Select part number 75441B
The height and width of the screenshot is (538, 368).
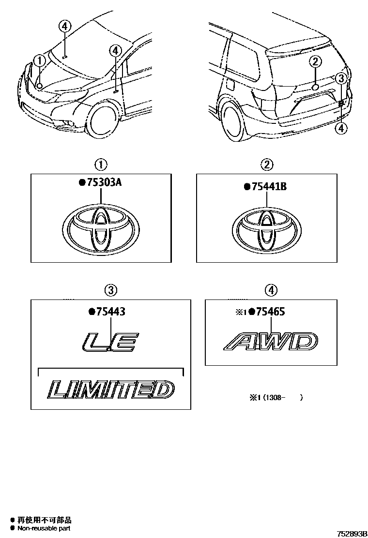[x=268, y=186]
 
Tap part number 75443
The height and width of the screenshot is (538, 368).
[x=109, y=312]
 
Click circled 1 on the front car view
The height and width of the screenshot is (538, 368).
[x=39, y=60]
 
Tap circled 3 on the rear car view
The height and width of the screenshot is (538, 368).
[x=341, y=78]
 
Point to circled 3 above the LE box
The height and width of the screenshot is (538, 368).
[x=111, y=290]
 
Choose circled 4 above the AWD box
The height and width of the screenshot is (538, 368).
[x=271, y=290]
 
